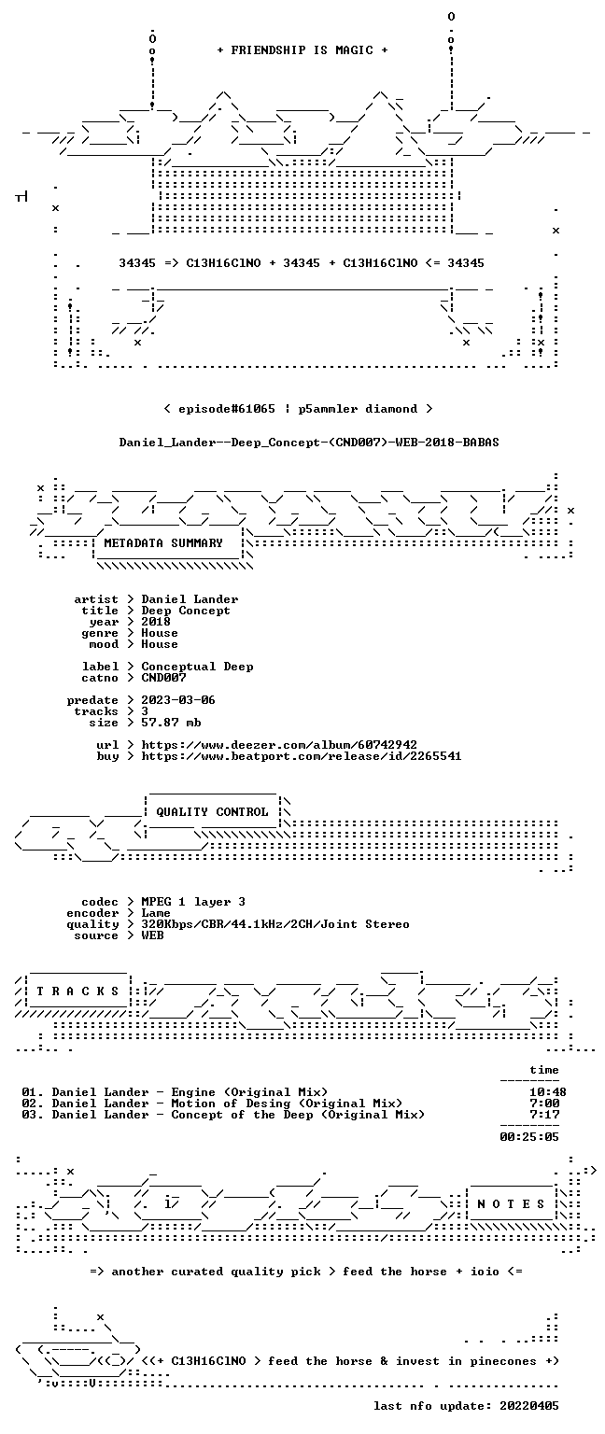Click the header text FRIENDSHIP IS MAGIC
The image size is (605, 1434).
302,49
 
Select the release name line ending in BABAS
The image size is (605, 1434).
309,443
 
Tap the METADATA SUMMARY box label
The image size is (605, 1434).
163,542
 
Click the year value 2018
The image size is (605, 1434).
156,622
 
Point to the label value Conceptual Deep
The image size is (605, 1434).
197,667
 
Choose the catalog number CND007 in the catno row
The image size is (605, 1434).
164,678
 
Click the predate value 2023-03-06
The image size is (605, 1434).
178,700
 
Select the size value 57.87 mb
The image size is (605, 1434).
171,723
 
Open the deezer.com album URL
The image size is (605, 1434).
279,745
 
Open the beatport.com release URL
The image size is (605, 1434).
302,756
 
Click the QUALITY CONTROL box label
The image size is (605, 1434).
212,811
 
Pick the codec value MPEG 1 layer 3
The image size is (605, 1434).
193,902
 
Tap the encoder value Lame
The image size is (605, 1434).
156,913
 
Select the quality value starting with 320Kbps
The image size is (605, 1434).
275,924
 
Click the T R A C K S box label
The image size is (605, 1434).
78,991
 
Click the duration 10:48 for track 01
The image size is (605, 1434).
548,1092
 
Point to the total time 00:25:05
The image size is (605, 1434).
529,1137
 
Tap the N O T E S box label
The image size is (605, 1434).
511,1204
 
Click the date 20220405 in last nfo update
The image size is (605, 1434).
529,1406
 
